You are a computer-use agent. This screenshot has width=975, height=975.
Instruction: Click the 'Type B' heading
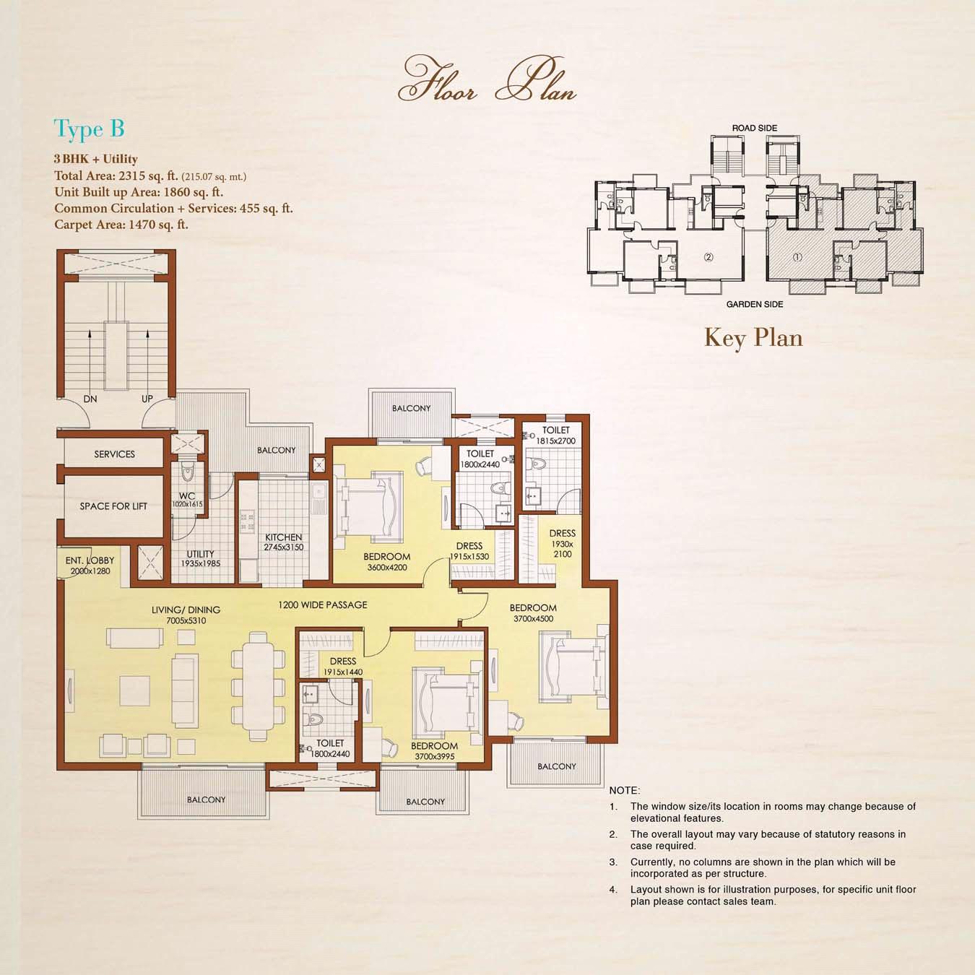(x=89, y=130)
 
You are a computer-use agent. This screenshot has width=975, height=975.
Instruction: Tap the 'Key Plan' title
(x=753, y=338)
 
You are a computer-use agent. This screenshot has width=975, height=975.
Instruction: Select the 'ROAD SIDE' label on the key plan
(x=755, y=128)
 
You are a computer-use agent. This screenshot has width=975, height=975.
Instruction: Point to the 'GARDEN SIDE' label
(x=755, y=304)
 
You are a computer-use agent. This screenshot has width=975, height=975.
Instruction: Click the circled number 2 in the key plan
(x=708, y=257)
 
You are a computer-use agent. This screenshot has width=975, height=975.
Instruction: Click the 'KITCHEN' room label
(x=283, y=537)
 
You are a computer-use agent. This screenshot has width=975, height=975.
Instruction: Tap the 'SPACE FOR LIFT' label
(x=113, y=506)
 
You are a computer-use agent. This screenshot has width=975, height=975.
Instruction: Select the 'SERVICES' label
(x=114, y=454)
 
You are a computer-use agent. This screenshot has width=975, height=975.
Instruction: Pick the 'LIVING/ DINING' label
(x=186, y=610)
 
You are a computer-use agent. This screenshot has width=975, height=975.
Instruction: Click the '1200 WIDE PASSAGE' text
(x=323, y=604)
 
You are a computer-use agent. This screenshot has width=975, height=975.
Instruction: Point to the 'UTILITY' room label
(x=200, y=554)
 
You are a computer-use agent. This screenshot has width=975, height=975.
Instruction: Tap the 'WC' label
(x=187, y=496)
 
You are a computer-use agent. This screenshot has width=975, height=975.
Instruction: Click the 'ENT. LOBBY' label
(x=90, y=560)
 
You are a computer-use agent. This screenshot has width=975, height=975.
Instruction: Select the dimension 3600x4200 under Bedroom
(x=387, y=568)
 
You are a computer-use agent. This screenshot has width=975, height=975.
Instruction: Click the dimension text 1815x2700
(x=555, y=441)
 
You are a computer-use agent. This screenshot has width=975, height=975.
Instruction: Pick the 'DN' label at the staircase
(x=90, y=399)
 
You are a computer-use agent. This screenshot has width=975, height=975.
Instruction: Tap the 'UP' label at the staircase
(x=147, y=399)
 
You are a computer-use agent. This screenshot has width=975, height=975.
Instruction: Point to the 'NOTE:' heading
(x=625, y=790)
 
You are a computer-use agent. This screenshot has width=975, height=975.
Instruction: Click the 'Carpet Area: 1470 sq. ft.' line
(x=121, y=224)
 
